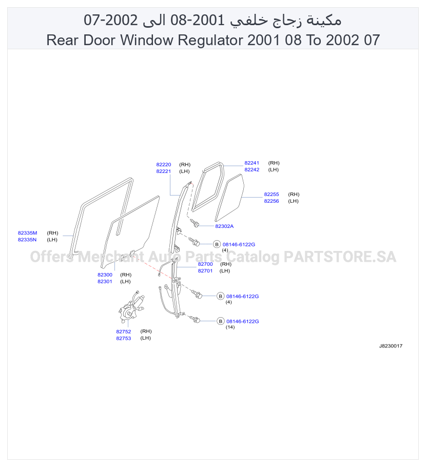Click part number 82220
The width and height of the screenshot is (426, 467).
click(x=164, y=164)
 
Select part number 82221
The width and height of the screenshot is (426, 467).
click(x=164, y=171)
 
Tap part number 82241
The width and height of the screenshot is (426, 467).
click(x=251, y=163)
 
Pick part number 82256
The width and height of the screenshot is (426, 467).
click(x=272, y=201)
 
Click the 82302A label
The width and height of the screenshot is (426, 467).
click(x=224, y=226)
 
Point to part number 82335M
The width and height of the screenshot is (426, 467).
click(x=27, y=233)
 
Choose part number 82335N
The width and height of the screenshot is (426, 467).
click(x=27, y=240)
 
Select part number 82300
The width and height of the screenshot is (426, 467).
click(x=105, y=275)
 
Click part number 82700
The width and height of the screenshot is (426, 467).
click(x=205, y=264)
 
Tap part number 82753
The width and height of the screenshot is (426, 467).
click(x=123, y=338)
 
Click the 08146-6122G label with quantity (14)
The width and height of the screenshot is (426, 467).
click(x=242, y=321)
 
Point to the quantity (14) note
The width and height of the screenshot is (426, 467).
click(x=230, y=327)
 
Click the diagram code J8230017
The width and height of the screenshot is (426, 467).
click(x=391, y=346)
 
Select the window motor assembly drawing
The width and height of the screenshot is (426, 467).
click(x=130, y=308)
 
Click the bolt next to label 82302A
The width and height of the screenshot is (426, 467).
click(x=195, y=223)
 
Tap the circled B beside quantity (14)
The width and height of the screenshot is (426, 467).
click(x=221, y=321)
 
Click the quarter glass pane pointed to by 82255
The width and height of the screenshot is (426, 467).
click(x=229, y=198)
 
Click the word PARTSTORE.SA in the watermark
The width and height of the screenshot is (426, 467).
click(x=340, y=257)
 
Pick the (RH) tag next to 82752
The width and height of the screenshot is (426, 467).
click(x=146, y=332)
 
